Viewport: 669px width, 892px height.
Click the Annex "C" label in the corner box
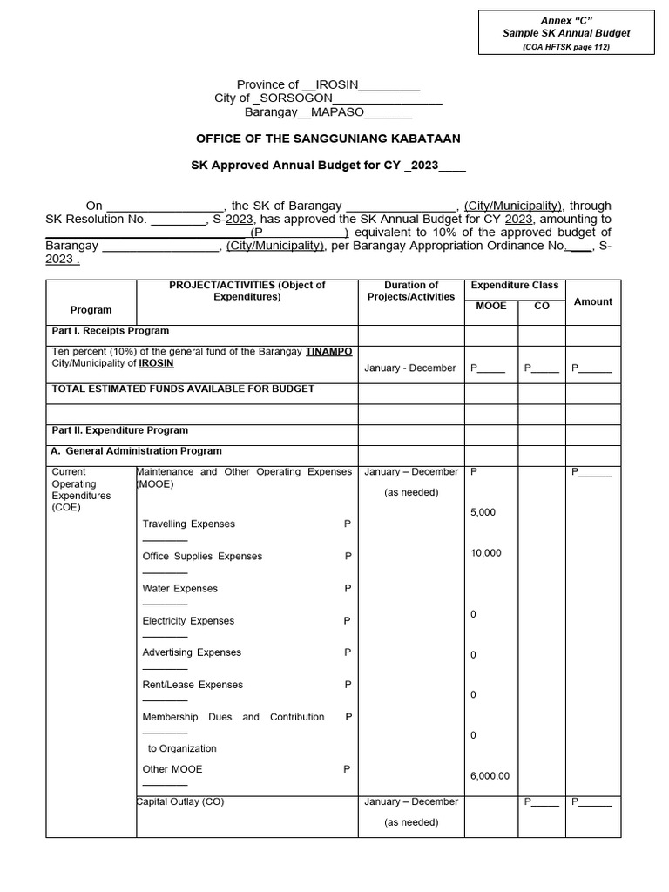(x=565, y=20)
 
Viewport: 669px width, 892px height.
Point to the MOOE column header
(x=490, y=307)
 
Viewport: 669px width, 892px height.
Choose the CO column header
(x=542, y=307)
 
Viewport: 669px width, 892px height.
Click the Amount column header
(x=592, y=301)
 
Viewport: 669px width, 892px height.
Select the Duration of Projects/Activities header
(x=411, y=291)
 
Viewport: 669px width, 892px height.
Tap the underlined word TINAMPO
(x=328, y=351)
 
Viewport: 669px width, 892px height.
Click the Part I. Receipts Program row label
(x=111, y=331)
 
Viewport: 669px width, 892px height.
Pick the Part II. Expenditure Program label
(x=120, y=430)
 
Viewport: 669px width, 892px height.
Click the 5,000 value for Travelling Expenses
(x=483, y=512)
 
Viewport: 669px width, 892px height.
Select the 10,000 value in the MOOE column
(x=485, y=553)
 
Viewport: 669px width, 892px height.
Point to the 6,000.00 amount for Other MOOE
(x=490, y=776)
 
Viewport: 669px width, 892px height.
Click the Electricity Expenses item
(x=188, y=621)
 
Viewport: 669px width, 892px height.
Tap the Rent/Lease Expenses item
(x=193, y=685)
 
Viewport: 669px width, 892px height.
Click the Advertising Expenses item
(x=192, y=652)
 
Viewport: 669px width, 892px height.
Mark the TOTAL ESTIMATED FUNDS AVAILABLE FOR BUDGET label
(x=183, y=389)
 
